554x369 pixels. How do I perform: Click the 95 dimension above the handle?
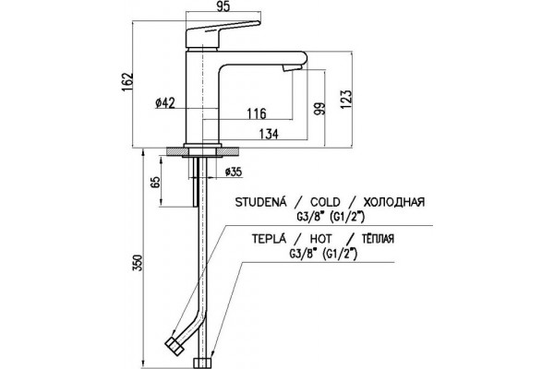coord(222,7)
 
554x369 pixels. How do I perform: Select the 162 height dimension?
coord(128,83)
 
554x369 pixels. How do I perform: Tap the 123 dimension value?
coord(347,100)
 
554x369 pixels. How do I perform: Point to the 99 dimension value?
coord(319,109)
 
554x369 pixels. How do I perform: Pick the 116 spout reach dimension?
coord(257,113)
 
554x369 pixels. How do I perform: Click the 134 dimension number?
coord(269,134)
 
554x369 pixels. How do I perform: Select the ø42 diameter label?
coord(165,103)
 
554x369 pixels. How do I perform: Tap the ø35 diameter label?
coord(234,172)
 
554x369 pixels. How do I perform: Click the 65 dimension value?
coord(155,182)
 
